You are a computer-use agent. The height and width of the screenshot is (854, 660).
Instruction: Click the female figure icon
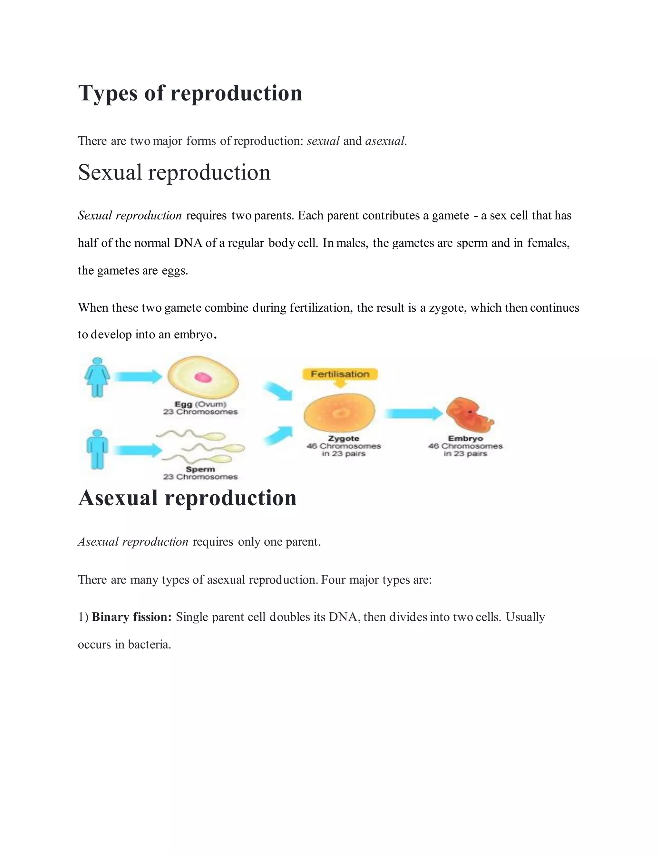97,377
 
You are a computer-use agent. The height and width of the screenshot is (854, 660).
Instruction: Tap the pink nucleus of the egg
203,377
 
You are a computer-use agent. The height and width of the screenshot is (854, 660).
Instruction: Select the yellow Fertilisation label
340,374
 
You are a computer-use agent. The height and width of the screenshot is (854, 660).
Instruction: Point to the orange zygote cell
339,412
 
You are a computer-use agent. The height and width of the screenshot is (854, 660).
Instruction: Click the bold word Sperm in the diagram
200,469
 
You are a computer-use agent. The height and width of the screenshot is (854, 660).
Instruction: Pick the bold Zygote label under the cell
343,439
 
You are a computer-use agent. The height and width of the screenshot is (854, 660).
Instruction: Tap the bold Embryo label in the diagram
465,439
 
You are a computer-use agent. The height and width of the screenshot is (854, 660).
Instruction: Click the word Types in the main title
108,93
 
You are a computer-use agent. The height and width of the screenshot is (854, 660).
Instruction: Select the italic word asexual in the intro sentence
385,141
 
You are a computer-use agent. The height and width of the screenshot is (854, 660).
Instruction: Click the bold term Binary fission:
132,617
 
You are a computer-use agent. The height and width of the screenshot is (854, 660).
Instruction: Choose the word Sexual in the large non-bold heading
110,172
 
